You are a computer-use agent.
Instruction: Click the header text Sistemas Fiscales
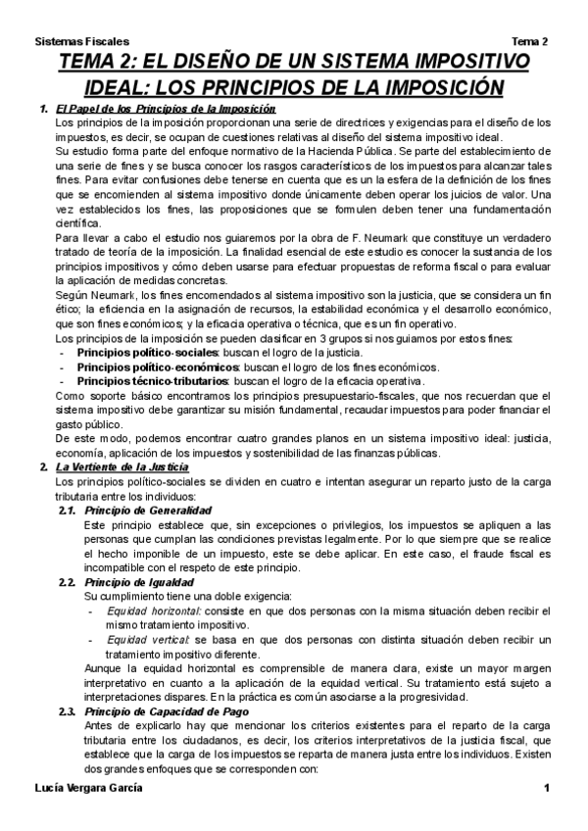coord(81,42)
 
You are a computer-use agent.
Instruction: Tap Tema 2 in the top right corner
coord(530,42)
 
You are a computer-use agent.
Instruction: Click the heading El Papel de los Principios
coord(165,109)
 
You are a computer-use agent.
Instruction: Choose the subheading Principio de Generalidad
coord(147,511)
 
